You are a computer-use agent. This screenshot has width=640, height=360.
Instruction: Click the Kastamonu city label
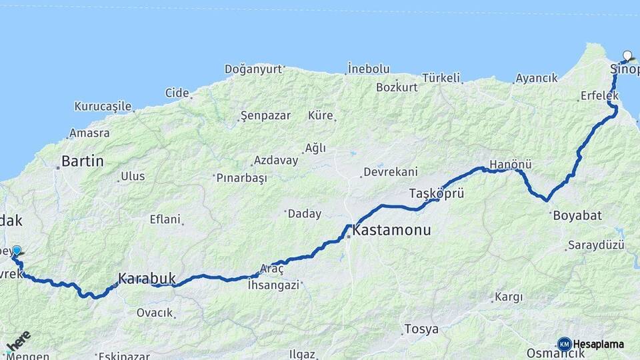(x=392, y=231)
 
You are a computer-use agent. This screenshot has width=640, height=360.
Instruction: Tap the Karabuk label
(x=147, y=278)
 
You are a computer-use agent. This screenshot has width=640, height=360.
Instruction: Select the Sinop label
(x=625, y=69)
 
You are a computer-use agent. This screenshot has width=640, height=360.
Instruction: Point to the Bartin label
(x=83, y=161)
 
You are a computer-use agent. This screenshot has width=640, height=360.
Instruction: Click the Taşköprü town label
(x=436, y=193)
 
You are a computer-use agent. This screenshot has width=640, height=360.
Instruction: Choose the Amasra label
(x=89, y=133)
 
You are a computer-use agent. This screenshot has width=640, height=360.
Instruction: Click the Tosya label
(x=421, y=329)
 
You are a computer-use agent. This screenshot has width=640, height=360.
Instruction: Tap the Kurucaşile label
(x=103, y=106)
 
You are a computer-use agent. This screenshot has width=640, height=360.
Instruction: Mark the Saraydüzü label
(x=596, y=245)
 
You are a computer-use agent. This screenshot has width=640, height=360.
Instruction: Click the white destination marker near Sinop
(x=627, y=56)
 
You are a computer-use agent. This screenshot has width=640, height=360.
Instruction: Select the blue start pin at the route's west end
(x=16, y=251)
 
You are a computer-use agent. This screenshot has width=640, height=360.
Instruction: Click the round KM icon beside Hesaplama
(x=564, y=344)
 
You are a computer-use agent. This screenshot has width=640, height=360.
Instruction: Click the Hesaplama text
(x=598, y=344)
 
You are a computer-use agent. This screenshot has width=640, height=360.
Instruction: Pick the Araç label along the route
(x=272, y=268)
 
